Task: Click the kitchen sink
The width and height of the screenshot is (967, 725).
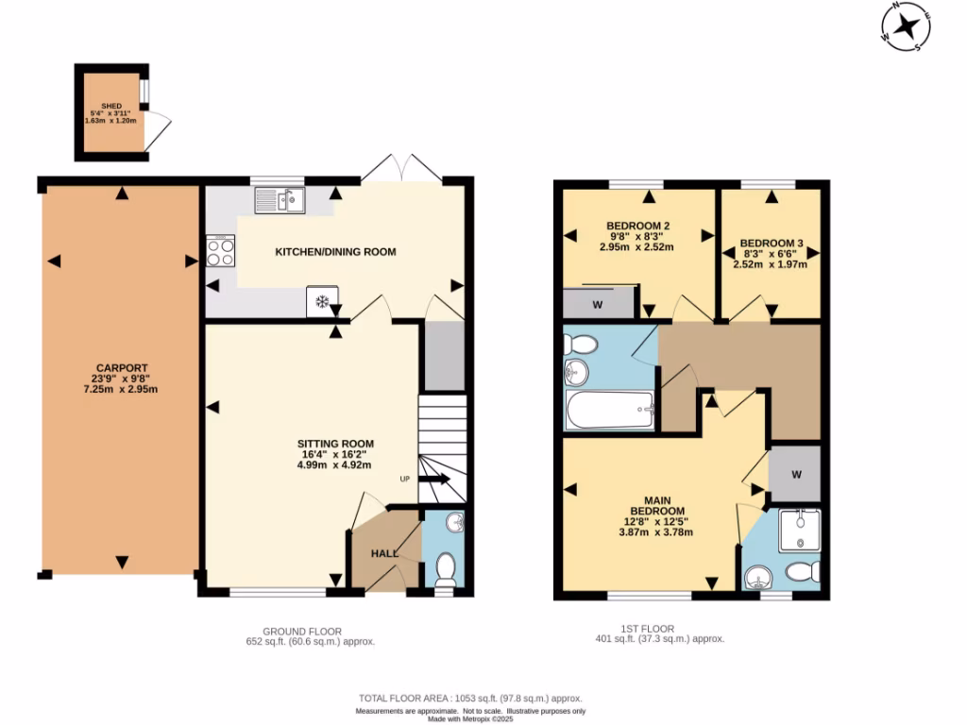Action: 280,199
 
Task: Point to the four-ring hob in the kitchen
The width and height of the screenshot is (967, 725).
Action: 221,251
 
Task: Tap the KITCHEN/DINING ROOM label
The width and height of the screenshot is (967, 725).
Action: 335,252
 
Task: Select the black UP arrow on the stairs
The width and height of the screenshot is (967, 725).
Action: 437,481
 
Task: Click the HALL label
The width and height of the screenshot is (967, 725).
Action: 384,553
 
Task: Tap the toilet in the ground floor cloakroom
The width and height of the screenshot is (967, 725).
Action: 445,569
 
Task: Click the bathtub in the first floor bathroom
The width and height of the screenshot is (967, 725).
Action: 610,411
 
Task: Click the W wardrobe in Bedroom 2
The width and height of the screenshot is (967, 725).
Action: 598,305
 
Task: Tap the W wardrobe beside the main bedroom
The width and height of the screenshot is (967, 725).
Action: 796,474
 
